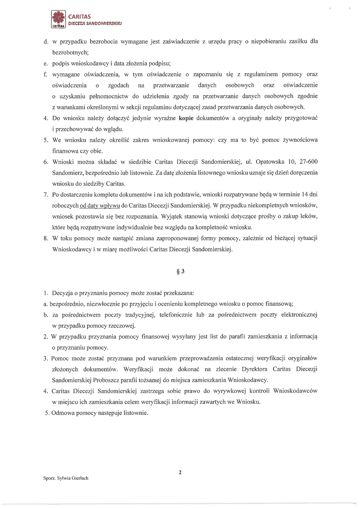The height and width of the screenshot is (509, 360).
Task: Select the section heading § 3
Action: tap(180, 271)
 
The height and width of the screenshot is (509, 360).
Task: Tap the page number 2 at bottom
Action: tap(180, 472)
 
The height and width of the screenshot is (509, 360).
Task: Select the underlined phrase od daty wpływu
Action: tap(100, 205)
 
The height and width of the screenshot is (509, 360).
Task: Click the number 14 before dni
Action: tap(305, 194)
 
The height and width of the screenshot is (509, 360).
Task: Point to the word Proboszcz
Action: tap(106, 380)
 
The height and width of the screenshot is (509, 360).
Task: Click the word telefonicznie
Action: tap(176, 315)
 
